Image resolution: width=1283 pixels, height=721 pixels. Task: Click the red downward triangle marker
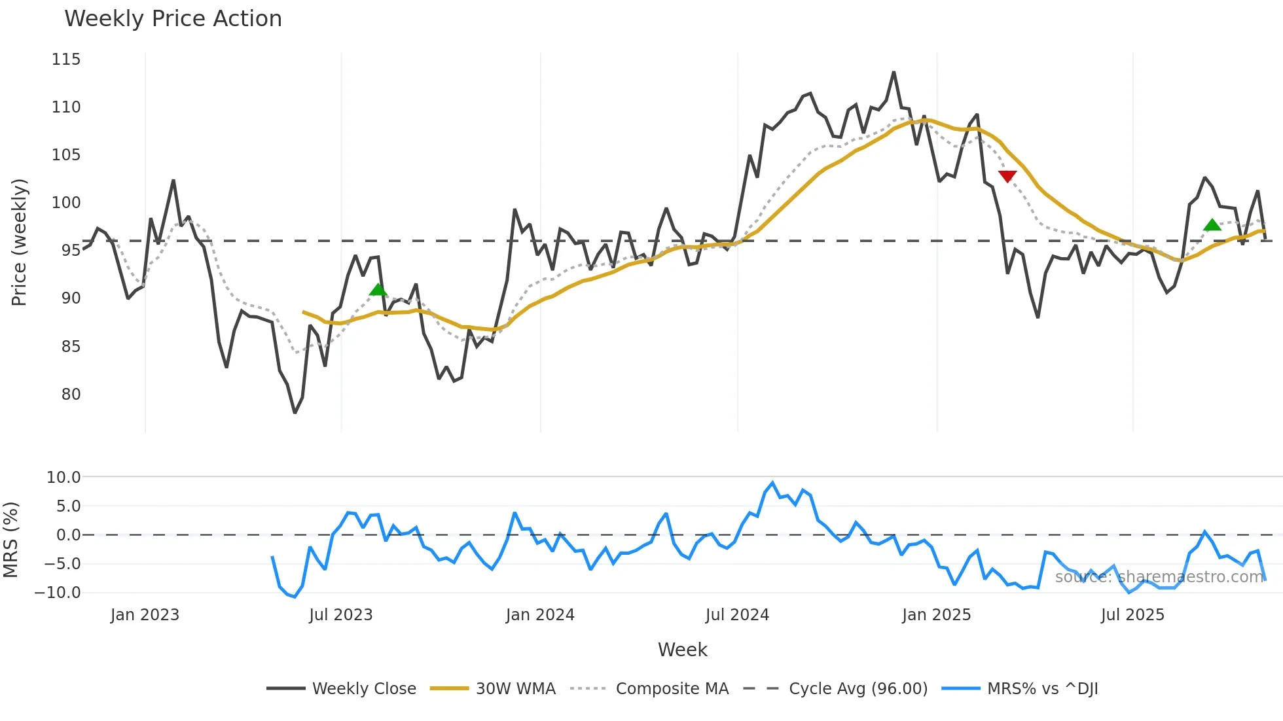(x=1007, y=176)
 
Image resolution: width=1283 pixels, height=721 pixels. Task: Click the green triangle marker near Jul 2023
(x=378, y=290)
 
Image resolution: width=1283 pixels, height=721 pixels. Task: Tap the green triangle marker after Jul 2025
(x=1212, y=225)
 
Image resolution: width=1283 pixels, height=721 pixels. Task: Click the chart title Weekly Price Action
(x=173, y=19)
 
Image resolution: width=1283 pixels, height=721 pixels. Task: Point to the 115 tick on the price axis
(x=66, y=60)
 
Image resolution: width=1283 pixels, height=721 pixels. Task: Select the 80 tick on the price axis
(x=71, y=395)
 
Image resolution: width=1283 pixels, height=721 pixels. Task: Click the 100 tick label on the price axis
(x=66, y=203)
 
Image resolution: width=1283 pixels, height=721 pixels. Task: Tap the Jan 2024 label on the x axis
(x=540, y=615)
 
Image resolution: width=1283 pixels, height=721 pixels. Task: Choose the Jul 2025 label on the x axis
(x=1132, y=615)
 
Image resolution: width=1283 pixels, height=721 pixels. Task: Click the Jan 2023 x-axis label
(x=145, y=615)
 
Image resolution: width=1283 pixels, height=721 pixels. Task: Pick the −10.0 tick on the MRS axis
(x=58, y=593)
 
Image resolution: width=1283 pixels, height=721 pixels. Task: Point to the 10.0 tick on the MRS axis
(x=63, y=478)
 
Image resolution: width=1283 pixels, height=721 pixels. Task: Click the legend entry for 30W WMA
(x=515, y=689)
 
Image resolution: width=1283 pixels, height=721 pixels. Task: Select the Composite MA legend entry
(x=672, y=689)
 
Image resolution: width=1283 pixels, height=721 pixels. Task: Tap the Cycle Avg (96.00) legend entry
(x=858, y=689)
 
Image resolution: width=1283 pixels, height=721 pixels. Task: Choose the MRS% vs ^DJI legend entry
(x=1042, y=689)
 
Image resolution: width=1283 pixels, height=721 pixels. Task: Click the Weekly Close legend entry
(x=364, y=689)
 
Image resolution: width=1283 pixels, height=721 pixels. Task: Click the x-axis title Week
(x=682, y=650)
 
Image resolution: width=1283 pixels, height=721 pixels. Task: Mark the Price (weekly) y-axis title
(x=19, y=242)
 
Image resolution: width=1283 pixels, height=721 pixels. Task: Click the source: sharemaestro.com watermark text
(x=1159, y=577)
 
